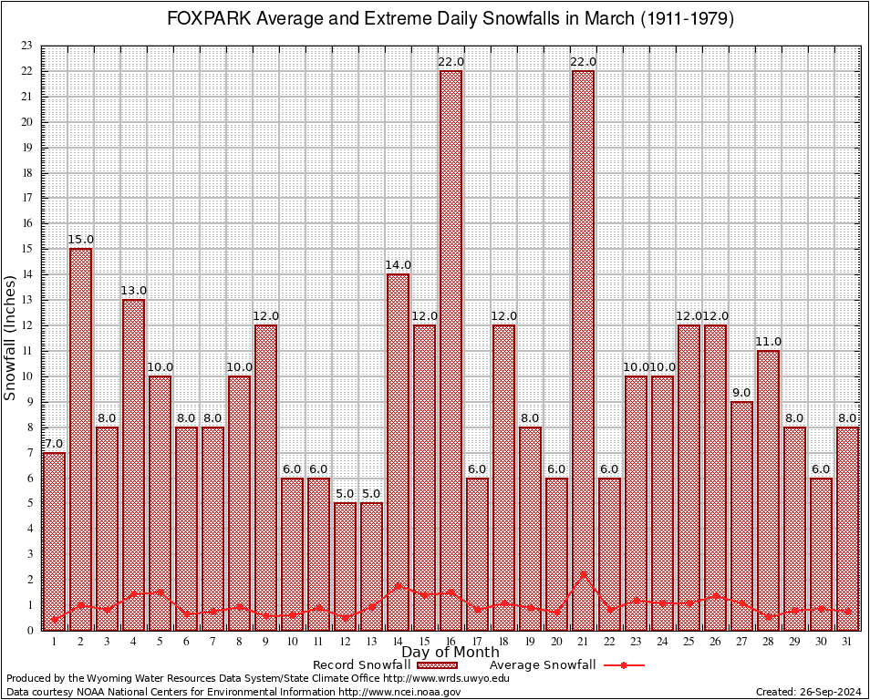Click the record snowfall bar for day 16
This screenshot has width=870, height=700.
[451, 350]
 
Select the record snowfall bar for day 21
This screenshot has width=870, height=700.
[583, 350]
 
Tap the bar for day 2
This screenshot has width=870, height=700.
[80, 438]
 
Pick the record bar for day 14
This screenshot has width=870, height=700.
[398, 451]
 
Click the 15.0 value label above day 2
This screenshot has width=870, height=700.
[81, 240]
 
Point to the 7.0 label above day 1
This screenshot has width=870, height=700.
[53, 444]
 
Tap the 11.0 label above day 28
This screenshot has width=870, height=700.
[768, 342]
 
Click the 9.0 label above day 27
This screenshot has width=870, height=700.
[741, 393]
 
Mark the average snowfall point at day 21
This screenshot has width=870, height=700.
[583, 574]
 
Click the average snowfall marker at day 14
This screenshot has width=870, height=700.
[398, 586]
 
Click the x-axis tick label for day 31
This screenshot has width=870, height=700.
[847, 642]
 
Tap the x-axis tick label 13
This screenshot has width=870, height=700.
[371, 642]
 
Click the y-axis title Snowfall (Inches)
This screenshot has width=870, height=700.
[10, 337]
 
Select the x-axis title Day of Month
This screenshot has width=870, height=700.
[450, 652]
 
